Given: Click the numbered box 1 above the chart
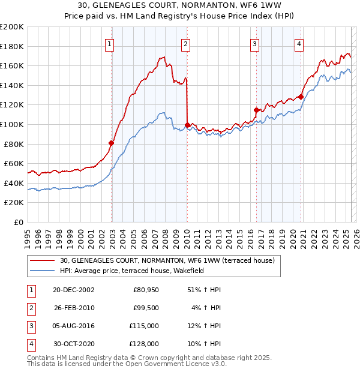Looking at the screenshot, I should click(x=110, y=43).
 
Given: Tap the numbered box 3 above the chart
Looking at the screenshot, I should click(x=255, y=43).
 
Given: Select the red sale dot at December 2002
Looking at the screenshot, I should click(x=112, y=143).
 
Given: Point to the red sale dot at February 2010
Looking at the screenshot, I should click(x=187, y=125).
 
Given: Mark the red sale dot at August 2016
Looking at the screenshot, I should click(x=256, y=110).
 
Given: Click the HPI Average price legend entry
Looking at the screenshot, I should click(x=132, y=271).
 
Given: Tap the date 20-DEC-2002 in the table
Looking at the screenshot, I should click(x=74, y=290).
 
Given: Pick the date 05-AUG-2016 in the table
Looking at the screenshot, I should click(x=74, y=326).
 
